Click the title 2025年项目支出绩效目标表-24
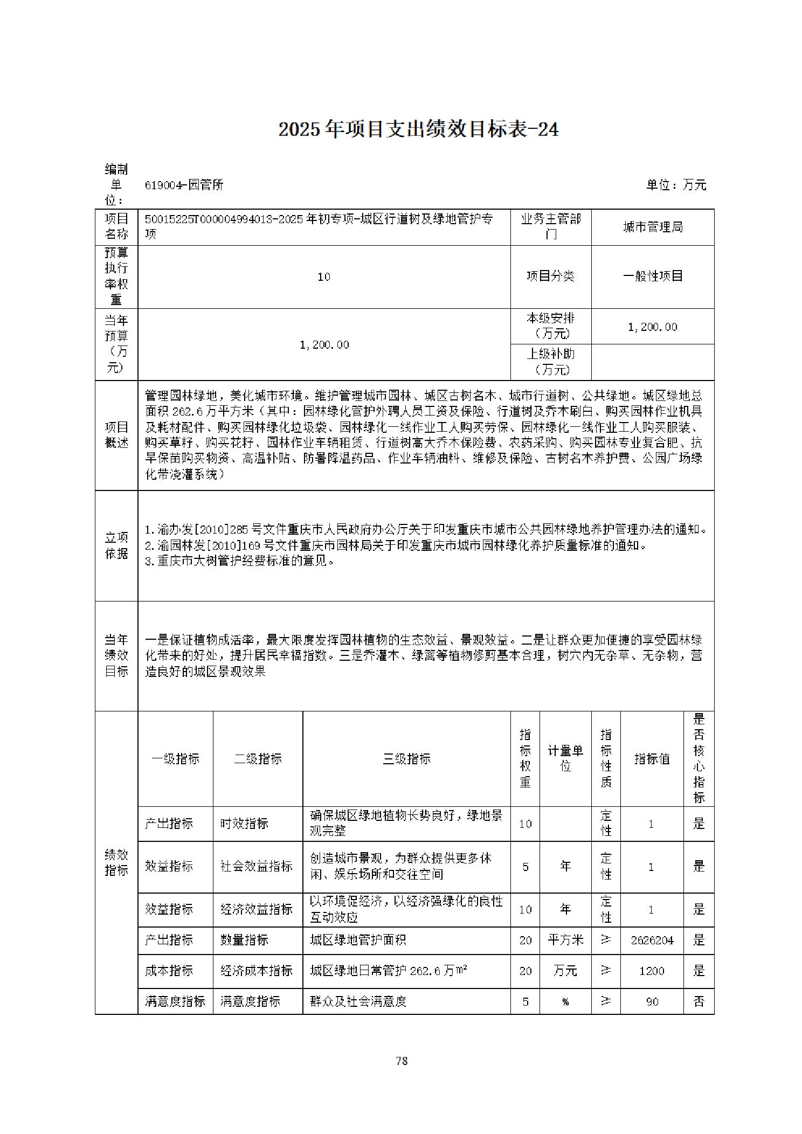point(418,129)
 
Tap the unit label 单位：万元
point(676,185)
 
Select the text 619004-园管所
point(184,185)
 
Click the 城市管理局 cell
point(652,227)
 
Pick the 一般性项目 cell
point(652,276)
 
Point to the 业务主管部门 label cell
point(550,227)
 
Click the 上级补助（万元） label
point(550,361)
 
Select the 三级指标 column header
point(406,759)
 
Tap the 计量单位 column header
point(565,759)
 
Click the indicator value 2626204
point(652,941)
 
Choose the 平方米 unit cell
point(565,941)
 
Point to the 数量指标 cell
point(244,941)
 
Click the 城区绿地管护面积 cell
point(358,941)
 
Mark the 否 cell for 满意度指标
point(699,1002)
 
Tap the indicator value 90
point(652,1002)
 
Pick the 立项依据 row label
point(116,545)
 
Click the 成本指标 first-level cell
point(169,971)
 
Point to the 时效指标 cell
point(244,824)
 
